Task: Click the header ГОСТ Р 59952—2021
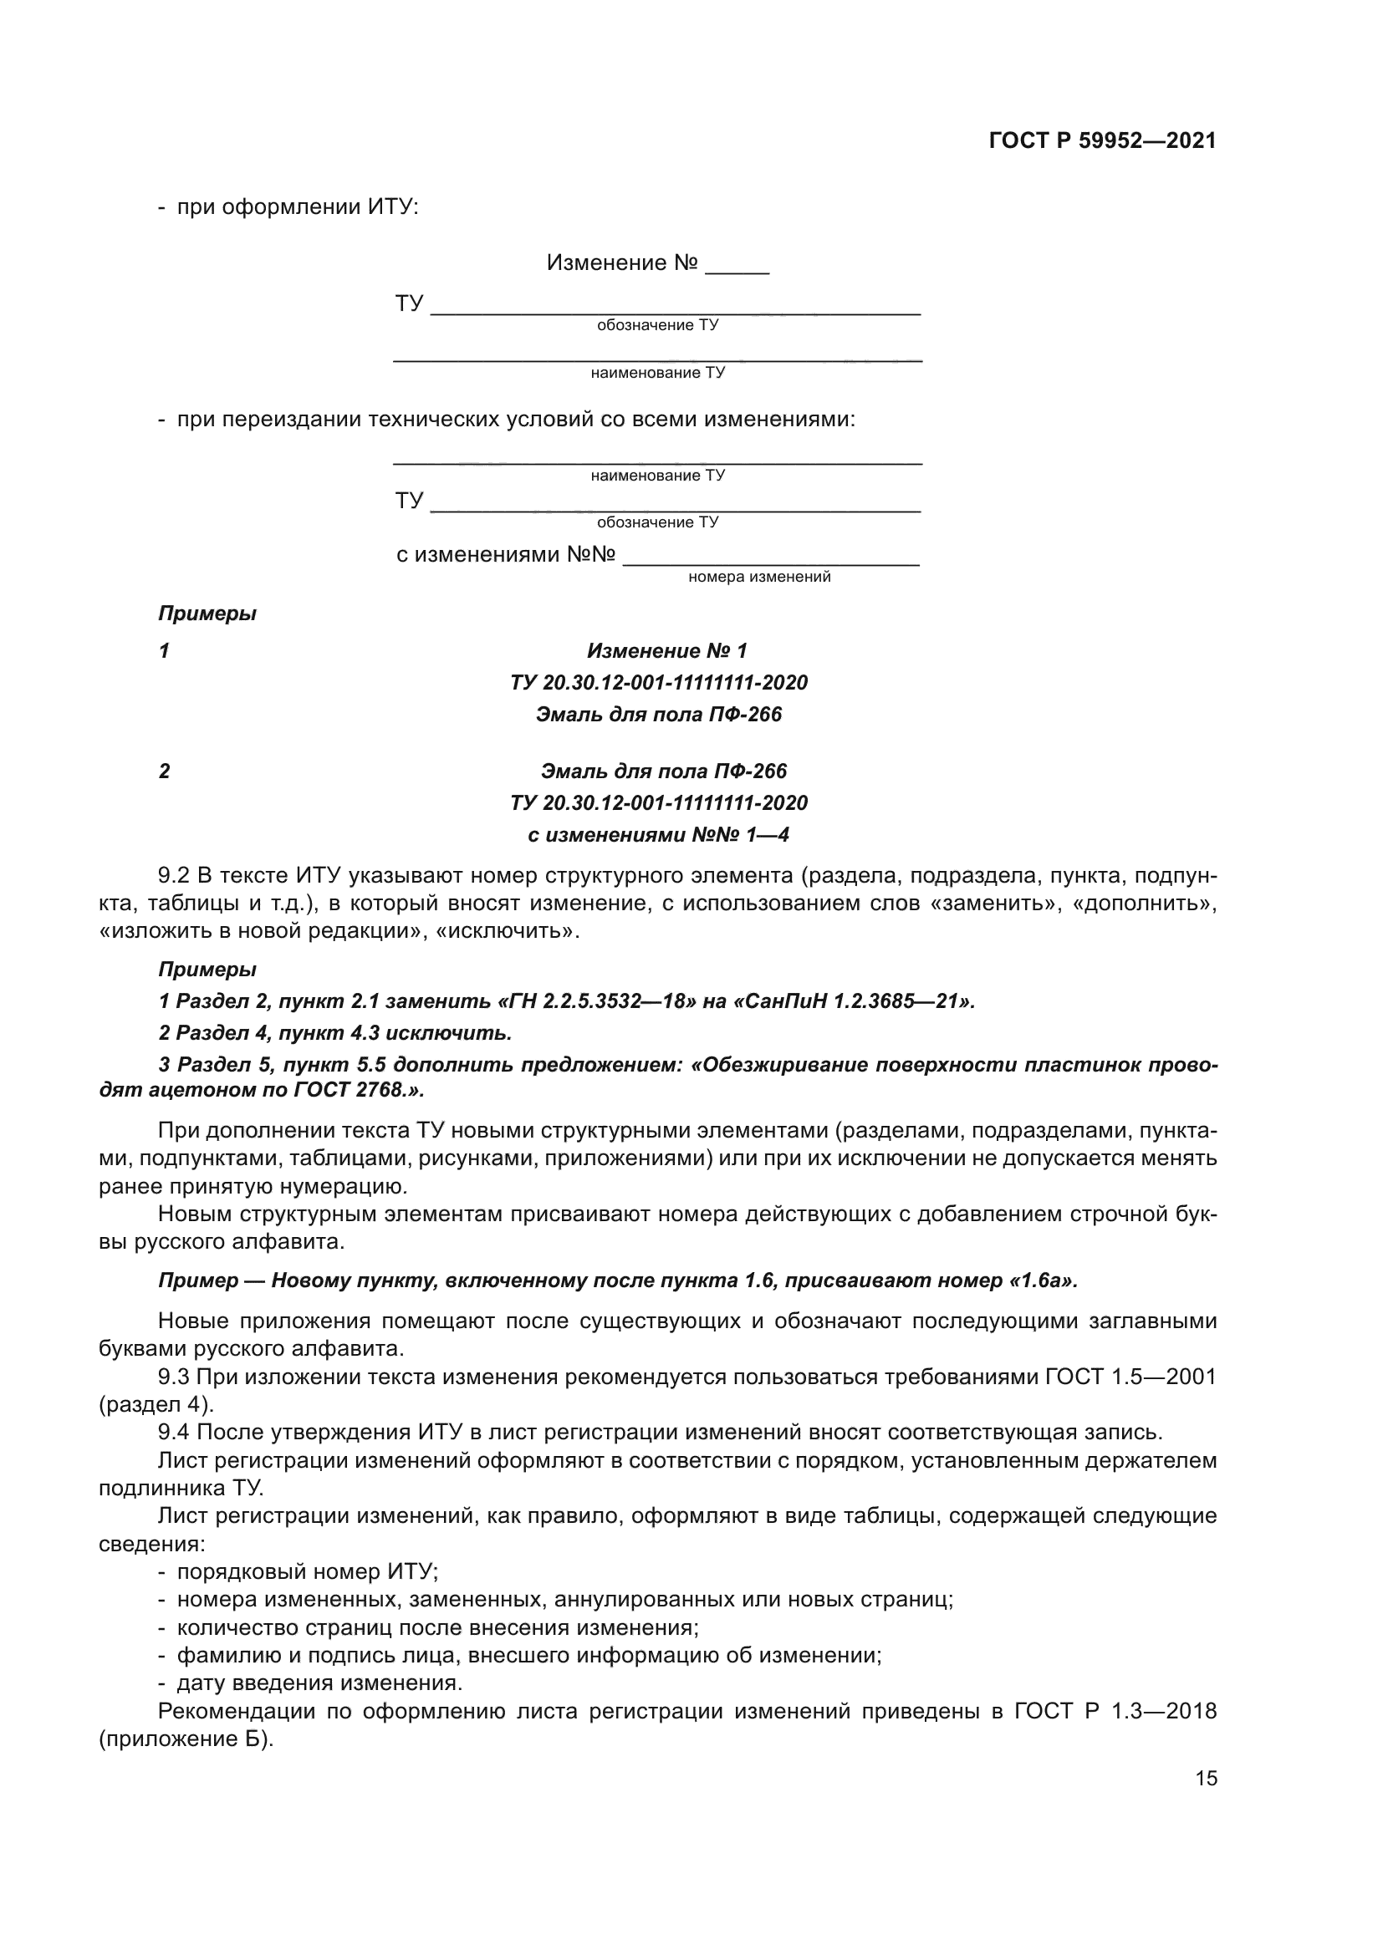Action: tap(1102, 140)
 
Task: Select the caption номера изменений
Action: tap(758, 578)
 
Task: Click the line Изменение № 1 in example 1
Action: tap(666, 651)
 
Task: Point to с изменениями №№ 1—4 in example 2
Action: tap(658, 835)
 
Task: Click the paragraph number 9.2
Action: tap(175, 875)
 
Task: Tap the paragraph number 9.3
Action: tap(175, 1377)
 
